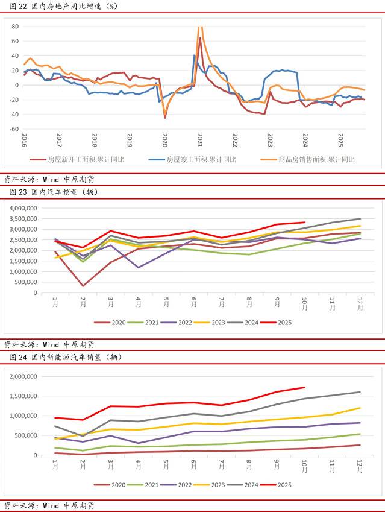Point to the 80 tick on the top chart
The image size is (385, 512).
(x=15, y=27)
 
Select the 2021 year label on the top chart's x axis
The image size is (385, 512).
(x=199, y=141)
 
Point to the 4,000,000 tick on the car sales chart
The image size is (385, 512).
(x=21, y=207)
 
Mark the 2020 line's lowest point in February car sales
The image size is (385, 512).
(x=83, y=286)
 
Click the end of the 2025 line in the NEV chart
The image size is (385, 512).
(x=305, y=387)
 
